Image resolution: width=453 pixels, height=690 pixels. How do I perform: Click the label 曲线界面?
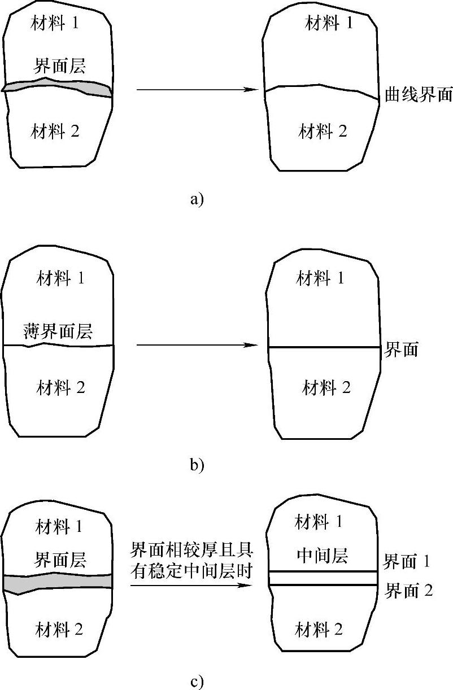tap(419, 94)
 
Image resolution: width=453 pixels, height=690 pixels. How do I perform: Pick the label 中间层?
tap(322, 557)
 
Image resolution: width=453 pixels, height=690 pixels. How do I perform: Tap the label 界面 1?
tap(407, 562)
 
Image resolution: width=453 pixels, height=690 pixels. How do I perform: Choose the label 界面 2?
tap(408, 591)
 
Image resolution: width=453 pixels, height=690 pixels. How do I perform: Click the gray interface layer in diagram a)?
tap(56, 88)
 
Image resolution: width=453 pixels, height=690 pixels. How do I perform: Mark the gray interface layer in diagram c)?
tap(56, 582)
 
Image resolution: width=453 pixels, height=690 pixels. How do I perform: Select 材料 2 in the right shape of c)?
tap(319, 629)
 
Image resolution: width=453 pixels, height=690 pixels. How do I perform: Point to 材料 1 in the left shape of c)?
tap(59, 527)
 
